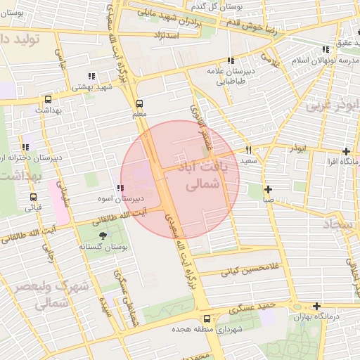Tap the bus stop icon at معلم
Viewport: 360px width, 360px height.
(x=139, y=103)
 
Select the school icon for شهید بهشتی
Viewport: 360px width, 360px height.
(x=91, y=76)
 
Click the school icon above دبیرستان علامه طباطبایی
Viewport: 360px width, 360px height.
(x=231, y=61)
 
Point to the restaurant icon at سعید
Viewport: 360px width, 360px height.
(x=248, y=150)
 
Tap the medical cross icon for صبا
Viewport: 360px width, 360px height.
(x=268, y=189)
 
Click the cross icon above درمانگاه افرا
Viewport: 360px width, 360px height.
(x=346, y=151)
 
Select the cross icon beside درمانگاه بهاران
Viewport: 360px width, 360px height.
(x=318, y=306)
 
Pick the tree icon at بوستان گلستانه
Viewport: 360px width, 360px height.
(x=104, y=236)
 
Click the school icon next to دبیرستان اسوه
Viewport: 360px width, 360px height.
(x=120, y=188)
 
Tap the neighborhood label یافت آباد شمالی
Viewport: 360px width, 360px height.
(x=205, y=176)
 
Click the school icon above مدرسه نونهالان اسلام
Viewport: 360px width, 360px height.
(x=325, y=49)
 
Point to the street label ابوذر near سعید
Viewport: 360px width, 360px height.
(x=297, y=149)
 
